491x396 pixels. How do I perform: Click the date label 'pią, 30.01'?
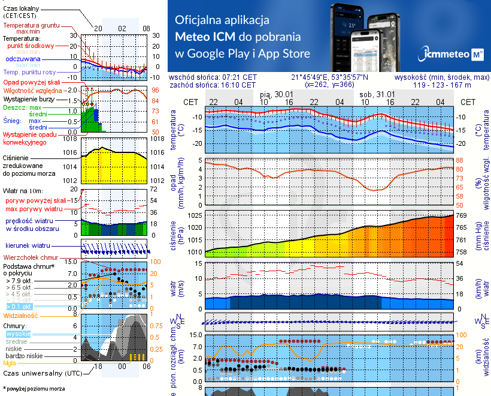277,94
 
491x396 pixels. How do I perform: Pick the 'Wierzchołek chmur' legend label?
30,257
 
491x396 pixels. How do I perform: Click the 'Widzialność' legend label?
21,314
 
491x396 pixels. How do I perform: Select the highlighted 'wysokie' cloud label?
18,334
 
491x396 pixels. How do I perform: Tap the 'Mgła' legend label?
10,362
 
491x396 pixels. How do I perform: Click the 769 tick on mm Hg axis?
462,215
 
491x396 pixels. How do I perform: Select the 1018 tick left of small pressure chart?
71,139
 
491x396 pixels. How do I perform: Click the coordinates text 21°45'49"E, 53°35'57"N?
330,77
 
